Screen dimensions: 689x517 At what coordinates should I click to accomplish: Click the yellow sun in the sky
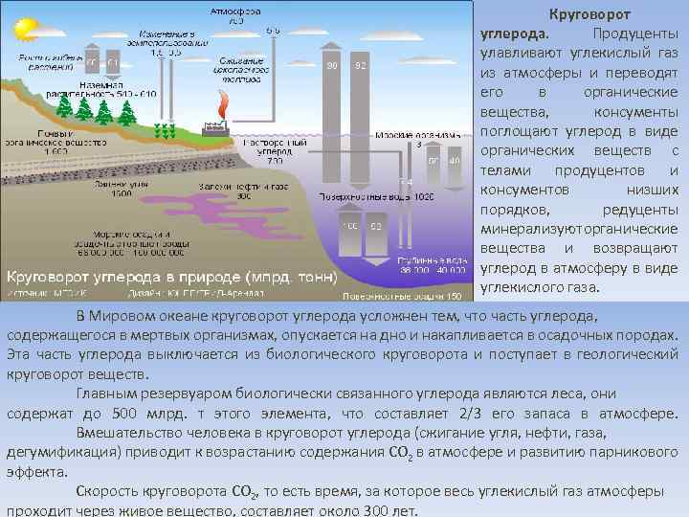tap(20, 30)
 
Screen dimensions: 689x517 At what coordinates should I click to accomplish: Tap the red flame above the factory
tap(224, 103)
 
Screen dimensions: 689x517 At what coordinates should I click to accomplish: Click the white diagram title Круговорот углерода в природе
tap(172, 277)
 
